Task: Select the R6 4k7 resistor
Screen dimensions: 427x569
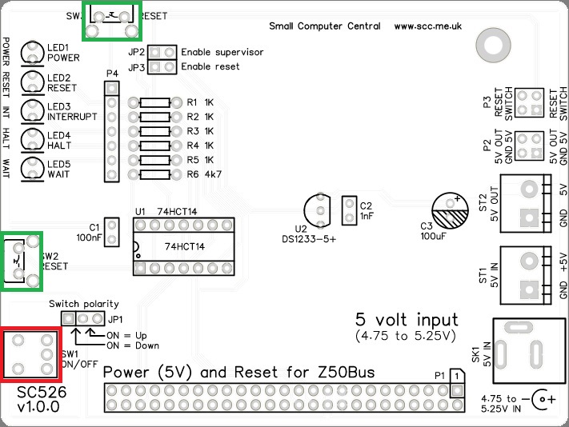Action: [154, 174]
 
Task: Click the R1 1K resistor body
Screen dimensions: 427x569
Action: [154, 103]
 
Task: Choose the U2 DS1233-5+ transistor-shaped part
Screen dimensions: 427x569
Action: [319, 210]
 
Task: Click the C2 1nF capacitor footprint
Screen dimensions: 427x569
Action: [348, 210]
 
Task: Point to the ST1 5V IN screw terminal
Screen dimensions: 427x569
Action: [528, 274]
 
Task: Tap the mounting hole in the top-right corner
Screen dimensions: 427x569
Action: [488, 41]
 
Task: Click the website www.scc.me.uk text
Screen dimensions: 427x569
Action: [428, 26]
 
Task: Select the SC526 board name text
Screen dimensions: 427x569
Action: [39, 393]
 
